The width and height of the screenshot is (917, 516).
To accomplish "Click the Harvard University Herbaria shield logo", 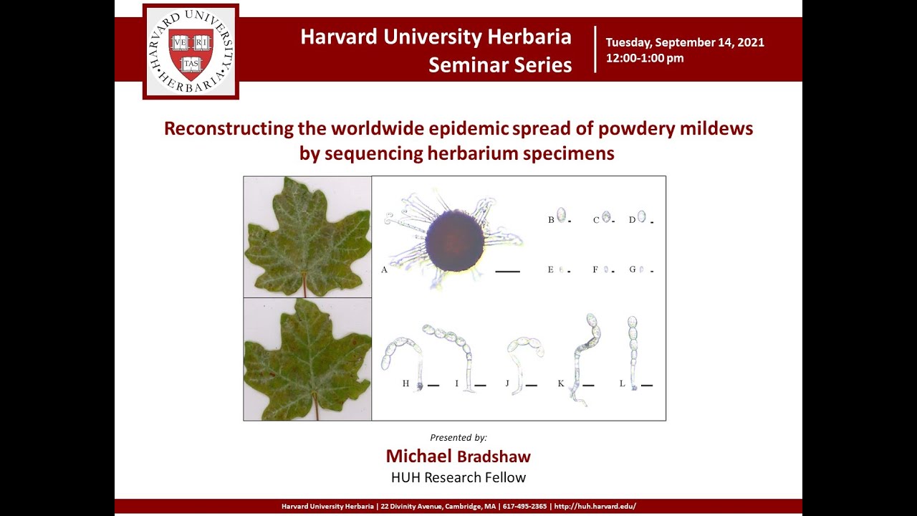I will pos(191,52).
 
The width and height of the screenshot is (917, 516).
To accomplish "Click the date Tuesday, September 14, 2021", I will pos(685,42).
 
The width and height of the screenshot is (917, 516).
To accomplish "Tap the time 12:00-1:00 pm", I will pos(645,59).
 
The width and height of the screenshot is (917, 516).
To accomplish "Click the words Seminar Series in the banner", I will pos(500,65).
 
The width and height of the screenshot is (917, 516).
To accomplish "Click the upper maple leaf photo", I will pos(307,236).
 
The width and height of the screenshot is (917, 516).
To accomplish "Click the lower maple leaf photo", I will pos(307,358).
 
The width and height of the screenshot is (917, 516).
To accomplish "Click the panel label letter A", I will pos(384,270).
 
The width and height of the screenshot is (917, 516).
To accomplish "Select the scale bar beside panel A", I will pos(507,272).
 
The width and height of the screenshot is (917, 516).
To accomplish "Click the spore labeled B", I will pos(561,215).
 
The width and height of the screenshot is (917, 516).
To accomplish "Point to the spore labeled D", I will pos(641,216).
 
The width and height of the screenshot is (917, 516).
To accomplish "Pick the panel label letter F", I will pos(595,270).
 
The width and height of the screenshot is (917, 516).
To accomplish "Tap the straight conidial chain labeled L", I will pos(633,351).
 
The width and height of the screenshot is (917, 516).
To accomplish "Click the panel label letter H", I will pos(405,384).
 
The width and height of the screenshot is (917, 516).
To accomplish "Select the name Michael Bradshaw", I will pos(458,457).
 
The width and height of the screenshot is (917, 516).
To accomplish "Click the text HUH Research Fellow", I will pos(458,477).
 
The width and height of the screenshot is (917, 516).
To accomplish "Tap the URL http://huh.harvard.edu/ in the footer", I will pos(595,507).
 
